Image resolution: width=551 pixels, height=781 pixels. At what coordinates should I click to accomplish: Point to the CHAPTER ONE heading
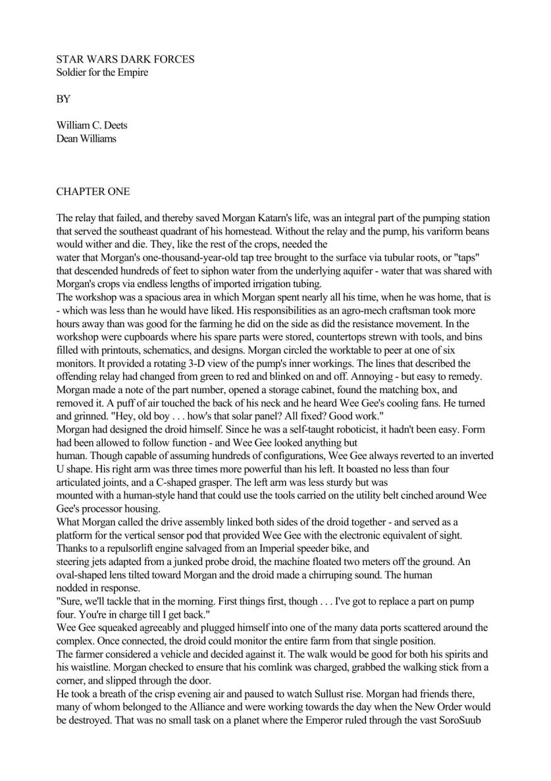(x=93, y=192)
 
